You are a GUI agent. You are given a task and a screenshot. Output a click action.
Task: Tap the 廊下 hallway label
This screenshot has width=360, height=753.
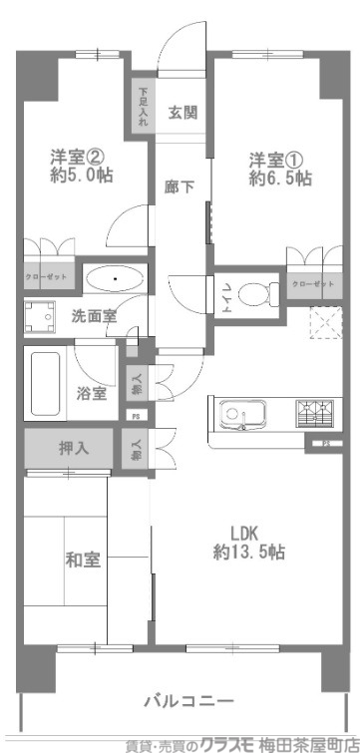tap(180, 186)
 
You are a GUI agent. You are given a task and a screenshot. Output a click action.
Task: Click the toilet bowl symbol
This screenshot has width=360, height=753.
tap(257, 294)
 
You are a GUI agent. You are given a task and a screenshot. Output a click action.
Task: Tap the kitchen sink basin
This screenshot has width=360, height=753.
tap(239, 413)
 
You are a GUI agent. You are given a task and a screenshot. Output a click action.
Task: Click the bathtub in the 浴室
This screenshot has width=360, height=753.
tap(44, 378)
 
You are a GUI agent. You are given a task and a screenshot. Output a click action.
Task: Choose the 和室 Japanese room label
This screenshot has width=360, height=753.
tap(84, 559)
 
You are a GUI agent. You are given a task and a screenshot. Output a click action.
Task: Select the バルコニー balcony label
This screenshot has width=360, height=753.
tap(187, 699)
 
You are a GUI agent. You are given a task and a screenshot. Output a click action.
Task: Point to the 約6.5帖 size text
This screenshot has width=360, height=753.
tap(281, 180)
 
